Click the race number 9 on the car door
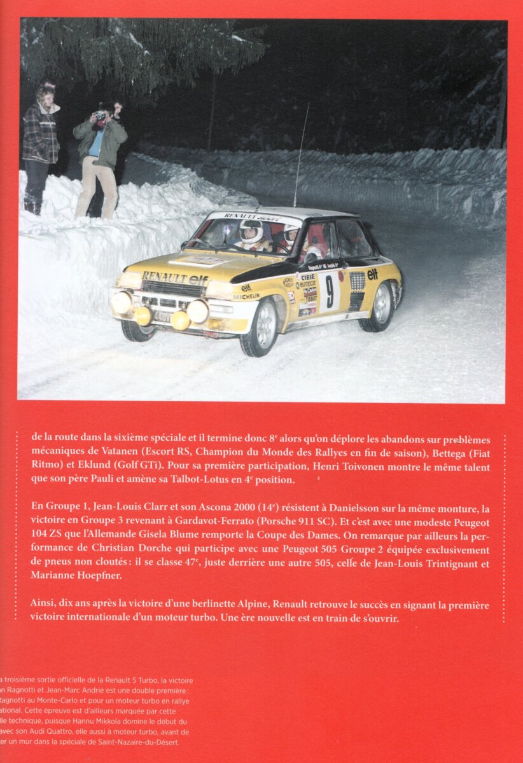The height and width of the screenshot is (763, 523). pos(329,292)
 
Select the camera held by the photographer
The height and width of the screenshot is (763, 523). pos(100,116)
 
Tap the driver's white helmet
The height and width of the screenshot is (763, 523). pos(251,230)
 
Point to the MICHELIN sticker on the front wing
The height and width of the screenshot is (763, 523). pos(246,297)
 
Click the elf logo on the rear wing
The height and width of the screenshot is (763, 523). pos(372,274)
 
